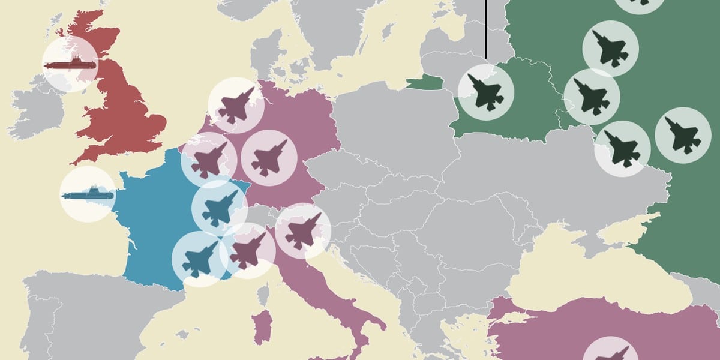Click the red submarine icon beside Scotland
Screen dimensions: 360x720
click(70, 64)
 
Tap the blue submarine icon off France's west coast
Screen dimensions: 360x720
click(88, 194)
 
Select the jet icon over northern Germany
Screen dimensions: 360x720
click(236, 105)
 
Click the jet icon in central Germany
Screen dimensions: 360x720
click(268, 158)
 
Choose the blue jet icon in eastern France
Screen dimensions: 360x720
click(219, 206)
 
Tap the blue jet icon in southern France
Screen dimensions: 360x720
click(199, 259)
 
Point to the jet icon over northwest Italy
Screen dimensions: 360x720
click(247, 251)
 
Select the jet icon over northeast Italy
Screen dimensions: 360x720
click(303, 231)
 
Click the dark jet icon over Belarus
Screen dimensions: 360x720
click(485, 92)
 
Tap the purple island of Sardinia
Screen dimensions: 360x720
click(261, 327)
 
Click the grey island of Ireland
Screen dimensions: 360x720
click(37, 111)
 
